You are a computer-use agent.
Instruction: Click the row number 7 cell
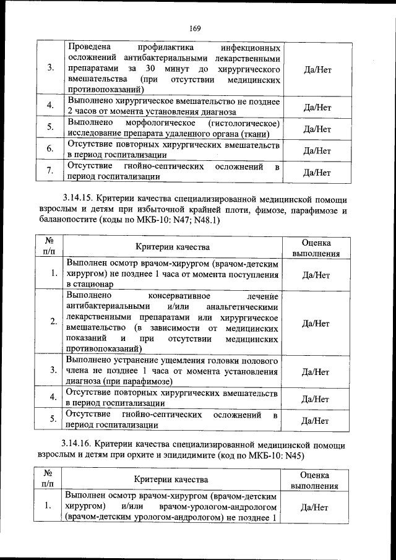coord(49,172)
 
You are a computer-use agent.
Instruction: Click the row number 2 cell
coord(53,322)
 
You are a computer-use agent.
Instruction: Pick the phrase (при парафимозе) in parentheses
coord(138,382)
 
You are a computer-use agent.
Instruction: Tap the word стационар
coord(90,284)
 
